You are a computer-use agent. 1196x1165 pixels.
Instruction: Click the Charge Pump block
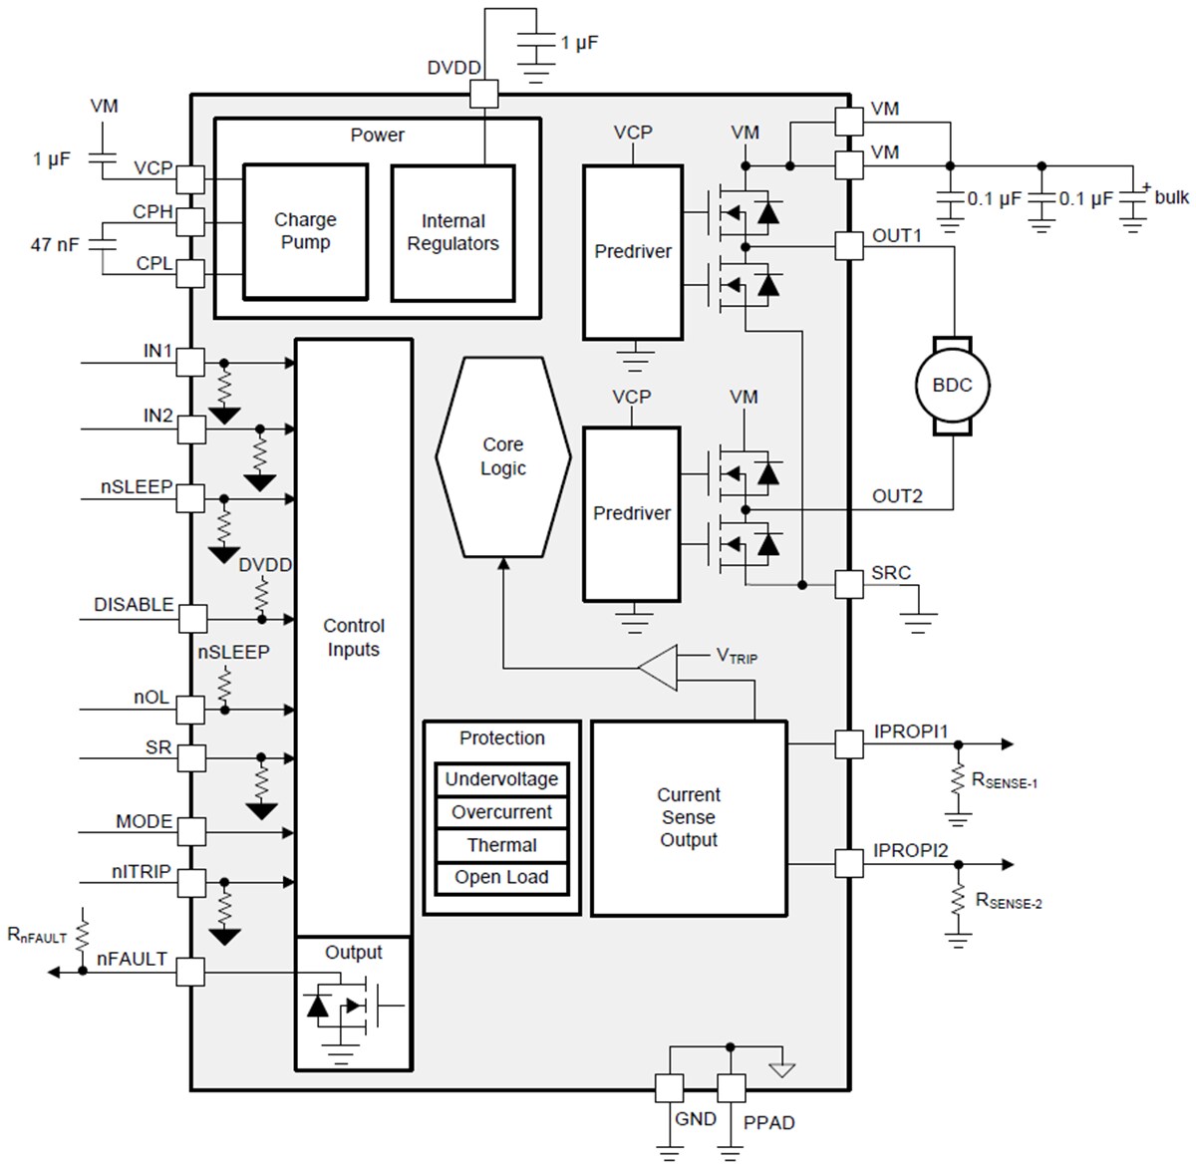305,231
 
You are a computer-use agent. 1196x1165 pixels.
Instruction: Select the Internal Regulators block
452,233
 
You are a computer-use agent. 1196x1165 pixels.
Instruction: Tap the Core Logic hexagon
503,456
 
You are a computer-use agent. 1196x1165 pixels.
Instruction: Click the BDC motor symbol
952,386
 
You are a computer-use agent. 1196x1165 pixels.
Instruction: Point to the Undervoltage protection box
501,779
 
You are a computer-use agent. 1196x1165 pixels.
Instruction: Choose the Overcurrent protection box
501,812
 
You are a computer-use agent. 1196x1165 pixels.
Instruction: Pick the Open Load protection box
501,878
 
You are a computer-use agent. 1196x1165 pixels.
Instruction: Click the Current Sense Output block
689,818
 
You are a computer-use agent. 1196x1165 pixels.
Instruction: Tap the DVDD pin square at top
484,94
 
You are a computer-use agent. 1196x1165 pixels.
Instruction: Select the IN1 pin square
190,363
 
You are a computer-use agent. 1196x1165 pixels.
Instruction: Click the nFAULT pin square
190,973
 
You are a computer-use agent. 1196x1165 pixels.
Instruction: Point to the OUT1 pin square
849,245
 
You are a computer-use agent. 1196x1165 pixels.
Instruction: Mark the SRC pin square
849,584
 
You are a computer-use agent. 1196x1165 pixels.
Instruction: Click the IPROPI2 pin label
911,851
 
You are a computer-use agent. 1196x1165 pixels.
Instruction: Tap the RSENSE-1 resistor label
1005,780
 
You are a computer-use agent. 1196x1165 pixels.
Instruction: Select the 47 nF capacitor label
55,244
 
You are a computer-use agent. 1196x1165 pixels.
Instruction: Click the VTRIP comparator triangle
660,668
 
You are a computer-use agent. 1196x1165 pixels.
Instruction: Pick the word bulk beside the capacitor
1171,197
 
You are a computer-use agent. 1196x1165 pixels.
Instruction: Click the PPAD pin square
732,1088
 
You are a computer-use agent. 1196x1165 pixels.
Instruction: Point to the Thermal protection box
501,845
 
